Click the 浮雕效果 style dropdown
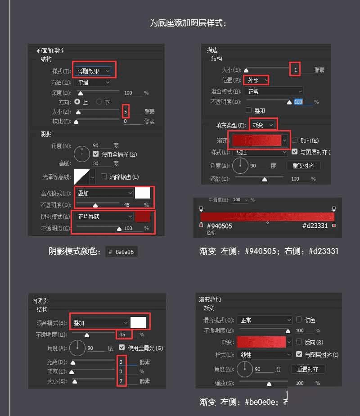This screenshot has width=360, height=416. coord(93,71)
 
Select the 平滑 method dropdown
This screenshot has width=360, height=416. coord(93,82)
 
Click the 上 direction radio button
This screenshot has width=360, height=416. coord(76,102)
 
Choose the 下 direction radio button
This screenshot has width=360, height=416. coord(99,102)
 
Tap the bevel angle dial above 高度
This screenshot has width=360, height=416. coord(82,154)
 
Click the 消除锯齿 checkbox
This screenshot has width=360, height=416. coord(104,176)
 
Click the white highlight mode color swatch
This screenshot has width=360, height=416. coord(143,193)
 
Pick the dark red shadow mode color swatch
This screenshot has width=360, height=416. coord(143,217)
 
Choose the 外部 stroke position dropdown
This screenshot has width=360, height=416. coord(256,80)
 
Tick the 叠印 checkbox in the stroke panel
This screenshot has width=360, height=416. coord(248,110)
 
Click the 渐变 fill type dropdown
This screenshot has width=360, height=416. coord(262,125)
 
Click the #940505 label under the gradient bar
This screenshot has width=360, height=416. coord(219,226)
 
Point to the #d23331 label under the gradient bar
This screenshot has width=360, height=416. coord(315,226)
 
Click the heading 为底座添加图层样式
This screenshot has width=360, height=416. coord(188,23)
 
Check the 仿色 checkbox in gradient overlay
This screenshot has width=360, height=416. coord(299,320)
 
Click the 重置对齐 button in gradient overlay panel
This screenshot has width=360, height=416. coord(308,369)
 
